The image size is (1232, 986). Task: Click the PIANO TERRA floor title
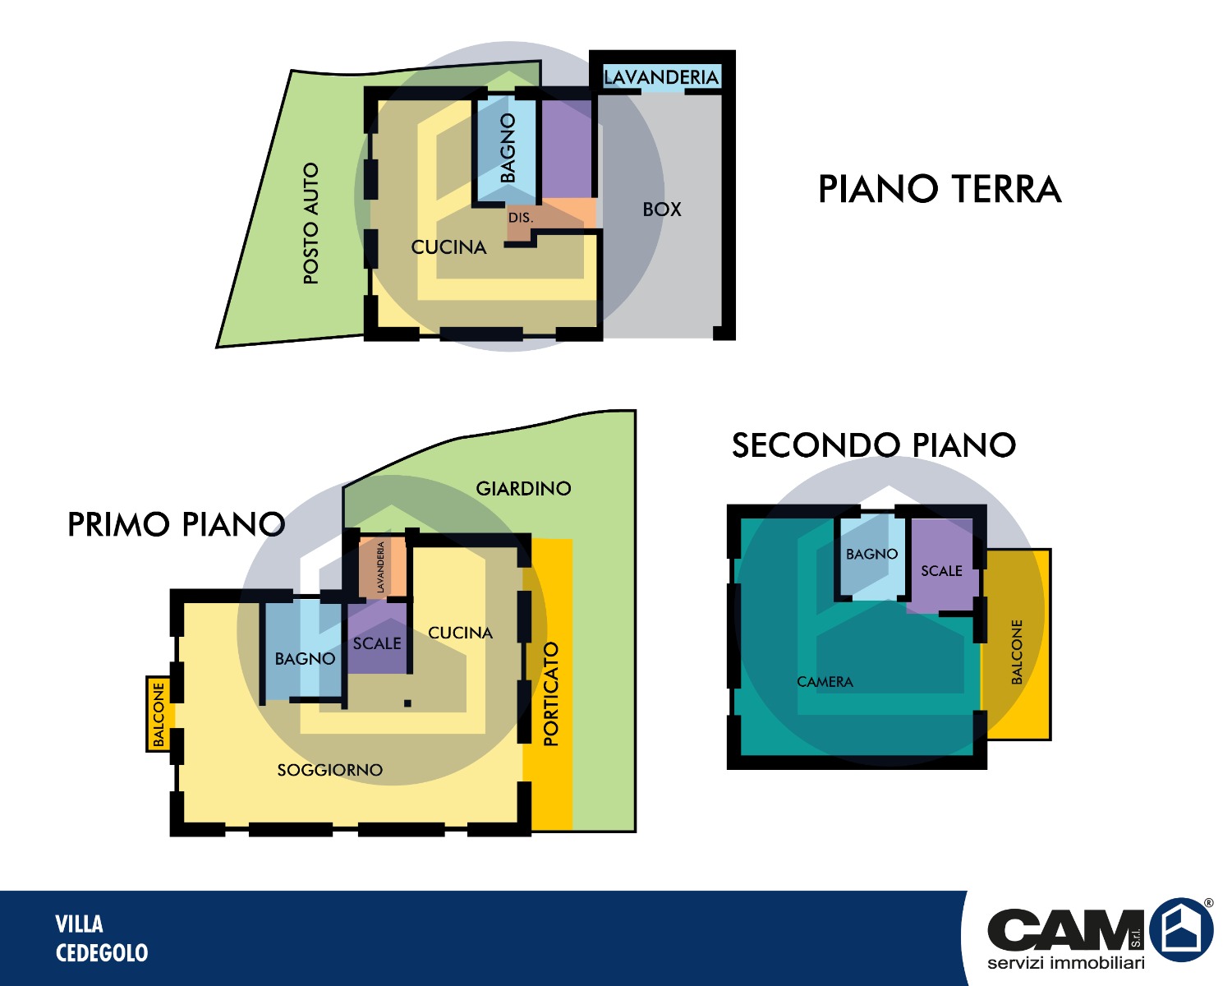940,189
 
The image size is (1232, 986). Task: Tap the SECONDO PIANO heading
874,445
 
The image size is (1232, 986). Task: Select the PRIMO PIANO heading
177,524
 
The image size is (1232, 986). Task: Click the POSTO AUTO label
310,223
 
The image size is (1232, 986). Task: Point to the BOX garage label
662,210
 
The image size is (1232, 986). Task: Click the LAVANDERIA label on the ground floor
661,77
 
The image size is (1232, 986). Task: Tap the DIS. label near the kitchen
521,218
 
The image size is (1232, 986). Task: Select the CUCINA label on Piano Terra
448,247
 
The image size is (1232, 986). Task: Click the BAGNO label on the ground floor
508,148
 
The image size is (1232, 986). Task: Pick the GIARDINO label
523,488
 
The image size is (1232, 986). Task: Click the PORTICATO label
550,693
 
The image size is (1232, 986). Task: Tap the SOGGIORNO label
329,769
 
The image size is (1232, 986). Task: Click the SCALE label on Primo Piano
377,643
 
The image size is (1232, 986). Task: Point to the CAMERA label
825,682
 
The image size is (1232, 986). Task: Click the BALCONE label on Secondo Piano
1016,652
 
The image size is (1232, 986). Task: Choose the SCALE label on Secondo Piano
941,570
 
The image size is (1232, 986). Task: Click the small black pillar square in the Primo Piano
407,703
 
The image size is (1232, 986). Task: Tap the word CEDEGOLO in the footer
102,953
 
